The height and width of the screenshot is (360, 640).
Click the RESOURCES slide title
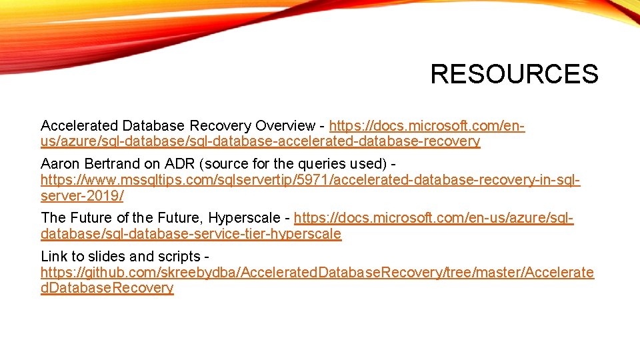tap(514, 74)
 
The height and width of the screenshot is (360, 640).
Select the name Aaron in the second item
tap(59, 163)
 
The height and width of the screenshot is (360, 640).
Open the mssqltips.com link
tap(310, 180)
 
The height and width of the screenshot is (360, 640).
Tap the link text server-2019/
tap(82, 196)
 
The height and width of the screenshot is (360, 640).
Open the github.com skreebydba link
tap(317, 272)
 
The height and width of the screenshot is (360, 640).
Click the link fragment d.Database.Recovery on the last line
tap(107, 288)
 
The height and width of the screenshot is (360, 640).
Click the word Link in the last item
tap(54, 256)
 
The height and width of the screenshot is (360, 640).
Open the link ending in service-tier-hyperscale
tap(191, 234)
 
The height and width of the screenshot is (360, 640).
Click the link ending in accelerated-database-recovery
tap(260, 141)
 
